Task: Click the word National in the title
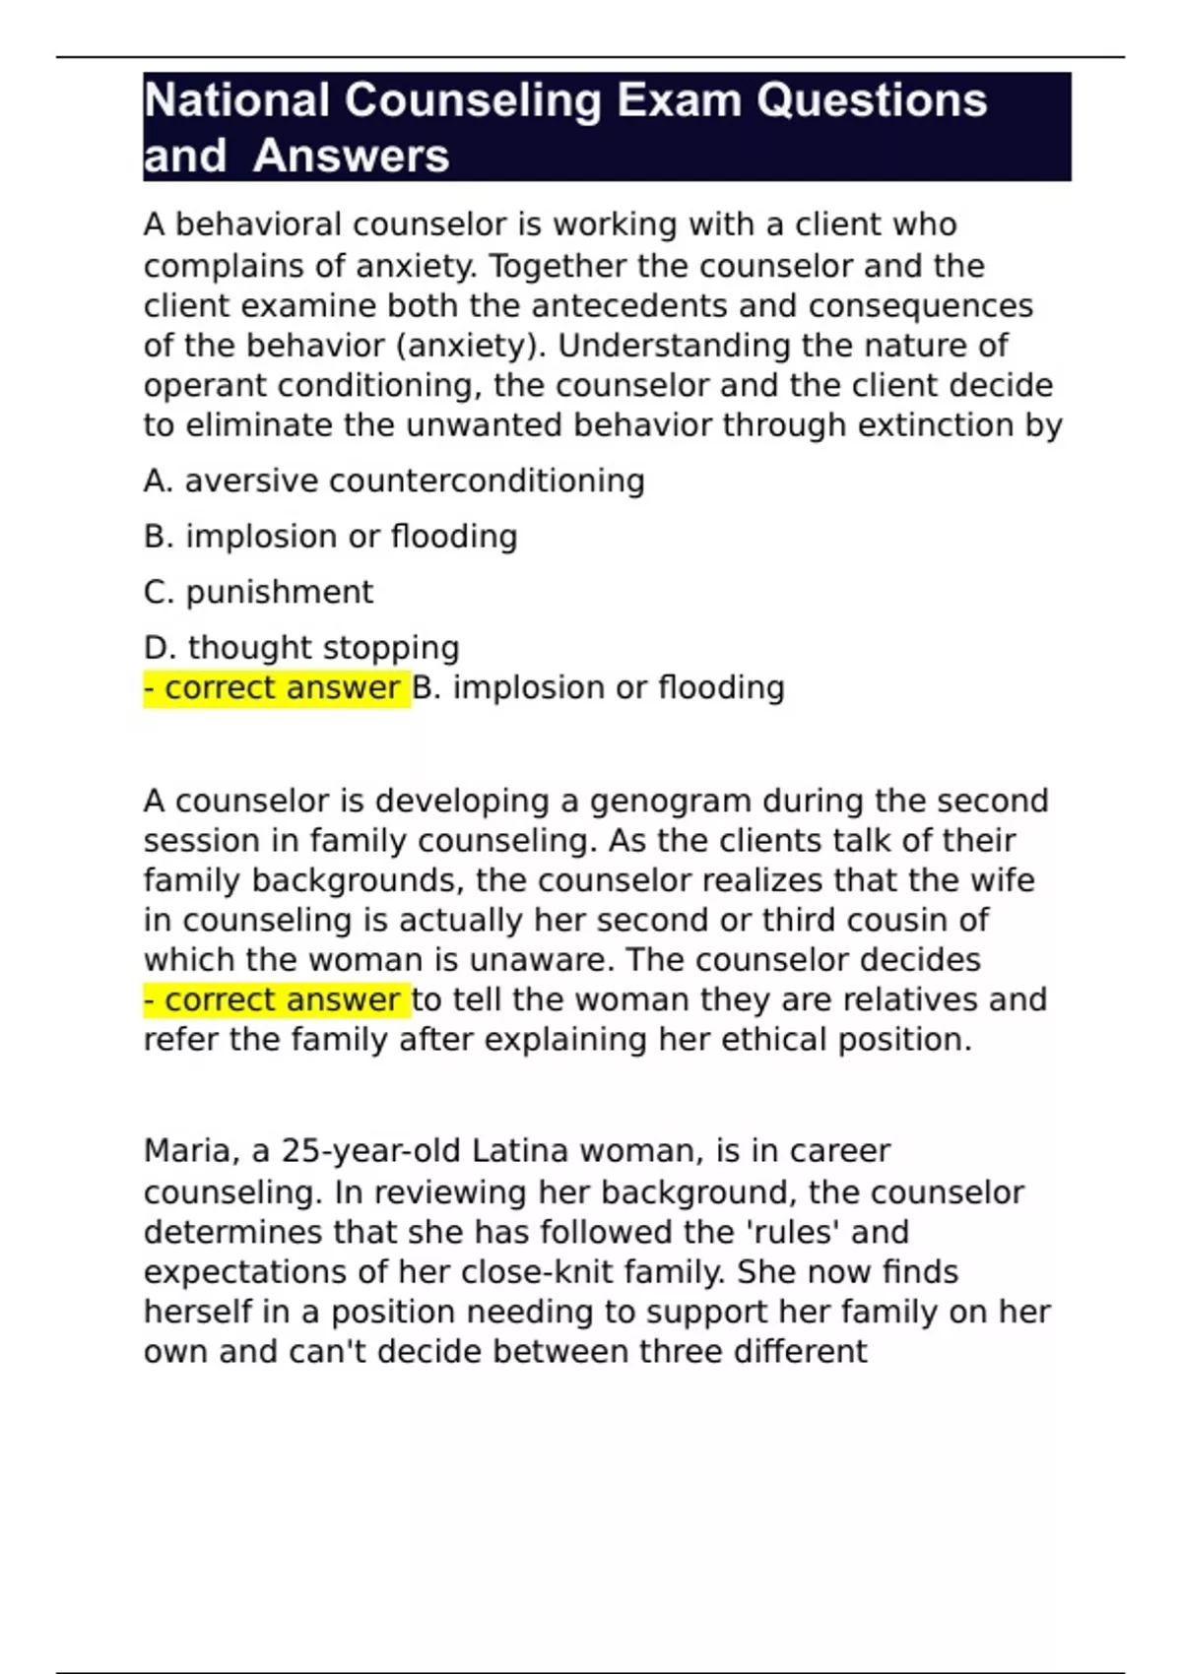(x=236, y=100)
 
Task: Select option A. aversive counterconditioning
(x=394, y=481)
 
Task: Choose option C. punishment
(x=258, y=592)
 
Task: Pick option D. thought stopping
(x=301, y=647)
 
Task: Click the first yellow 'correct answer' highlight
(x=276, y=687)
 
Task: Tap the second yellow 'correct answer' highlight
(x=276, y=999)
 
